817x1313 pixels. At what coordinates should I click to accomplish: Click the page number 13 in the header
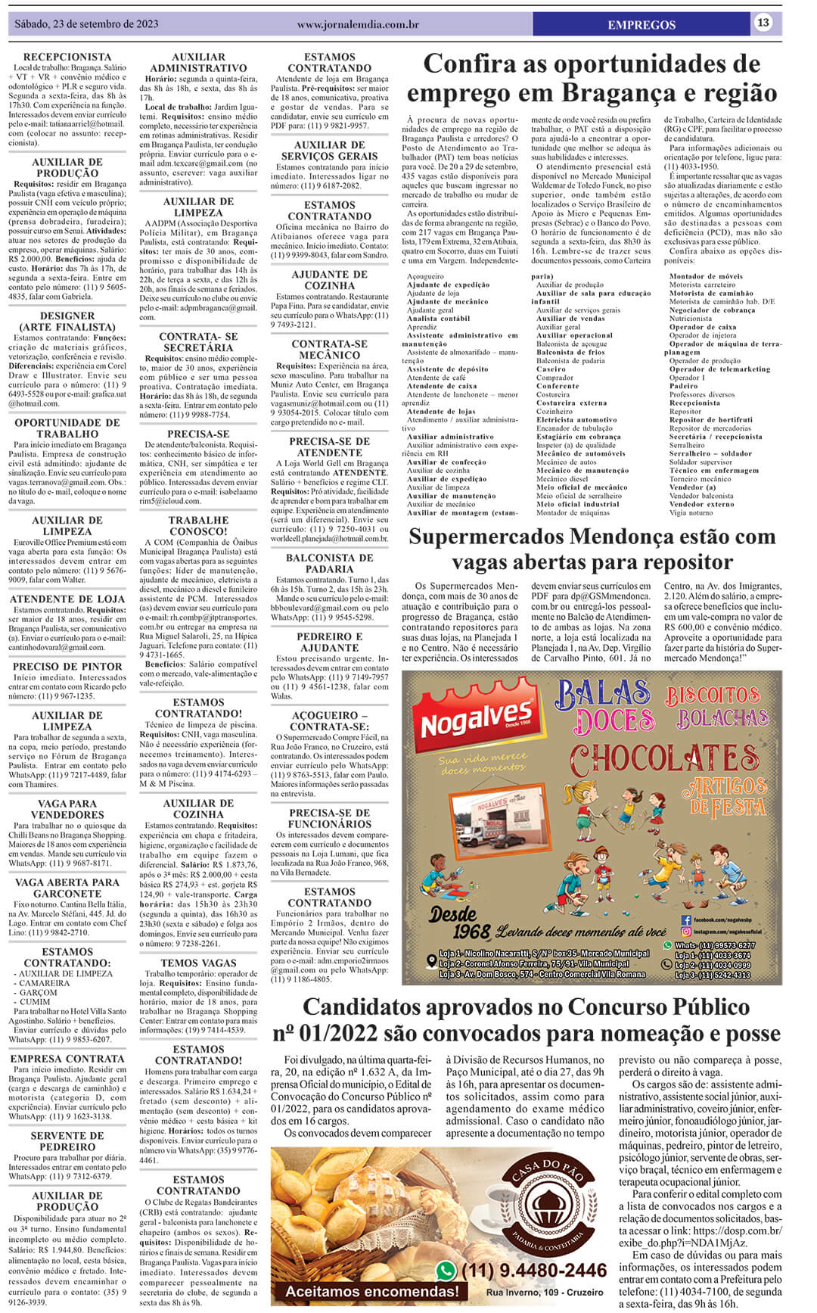(763, 23)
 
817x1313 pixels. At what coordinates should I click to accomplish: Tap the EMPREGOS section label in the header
(641, 25)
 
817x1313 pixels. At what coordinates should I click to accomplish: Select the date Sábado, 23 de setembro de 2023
(86, 24)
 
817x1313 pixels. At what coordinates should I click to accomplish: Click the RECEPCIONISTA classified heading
(67, 57)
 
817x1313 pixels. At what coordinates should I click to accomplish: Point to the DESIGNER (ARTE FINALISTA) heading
(67, 322)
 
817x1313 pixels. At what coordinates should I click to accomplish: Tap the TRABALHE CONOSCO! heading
(198, 526)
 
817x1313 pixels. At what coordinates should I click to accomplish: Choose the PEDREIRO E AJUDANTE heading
(330, 642)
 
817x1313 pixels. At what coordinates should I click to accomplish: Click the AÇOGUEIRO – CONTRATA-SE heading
(330, 720)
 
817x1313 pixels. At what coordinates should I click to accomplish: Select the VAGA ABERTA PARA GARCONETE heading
(67, 888)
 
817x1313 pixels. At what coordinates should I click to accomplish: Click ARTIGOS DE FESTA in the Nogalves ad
(723, 797)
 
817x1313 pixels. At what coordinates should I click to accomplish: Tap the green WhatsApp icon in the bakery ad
(446, 1271)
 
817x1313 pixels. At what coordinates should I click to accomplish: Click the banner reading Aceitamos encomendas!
(371, 1291)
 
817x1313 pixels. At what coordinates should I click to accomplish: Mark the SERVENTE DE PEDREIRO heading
(67, 1141)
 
